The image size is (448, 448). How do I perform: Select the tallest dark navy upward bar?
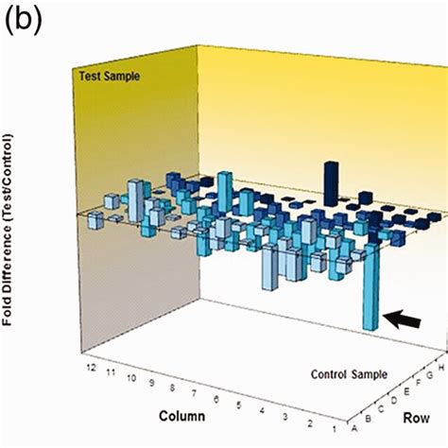click(332, 184)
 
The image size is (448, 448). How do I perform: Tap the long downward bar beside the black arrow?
click(371, 286)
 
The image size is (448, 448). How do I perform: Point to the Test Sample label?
click(110, 77)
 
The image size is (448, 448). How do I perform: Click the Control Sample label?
click(349, 374)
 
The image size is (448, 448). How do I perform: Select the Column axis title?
click(182, 416)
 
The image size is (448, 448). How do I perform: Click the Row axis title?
click(416, 418)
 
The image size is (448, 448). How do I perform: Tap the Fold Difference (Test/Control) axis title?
click(8, 230)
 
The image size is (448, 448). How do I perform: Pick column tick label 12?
click(91, 368)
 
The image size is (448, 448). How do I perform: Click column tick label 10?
click(131, 378)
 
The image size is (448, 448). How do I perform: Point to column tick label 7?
click(194, 393)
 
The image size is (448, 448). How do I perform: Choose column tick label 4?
click(262, 410)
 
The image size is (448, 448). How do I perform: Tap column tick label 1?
click(335, 429)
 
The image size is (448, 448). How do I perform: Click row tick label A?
click(354, 428)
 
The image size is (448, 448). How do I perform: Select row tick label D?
click(394, 401)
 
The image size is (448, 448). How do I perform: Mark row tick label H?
click(441, 368)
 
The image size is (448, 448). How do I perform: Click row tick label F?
click(419, 383)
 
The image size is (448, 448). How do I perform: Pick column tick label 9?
click(152, 383)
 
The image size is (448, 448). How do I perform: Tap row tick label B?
click(368, 419)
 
